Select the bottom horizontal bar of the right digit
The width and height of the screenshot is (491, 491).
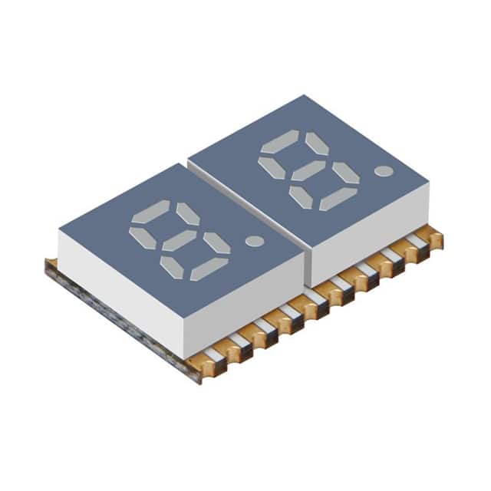339,199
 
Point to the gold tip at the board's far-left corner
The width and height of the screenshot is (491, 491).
51,265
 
